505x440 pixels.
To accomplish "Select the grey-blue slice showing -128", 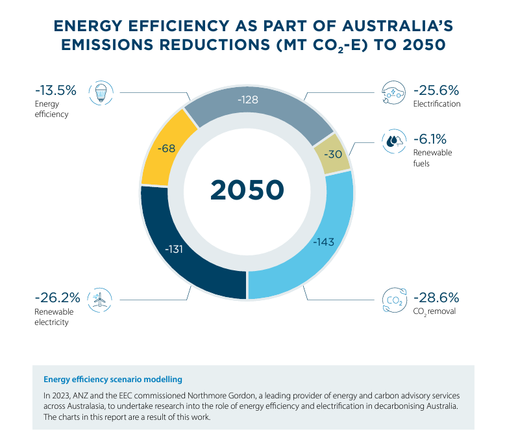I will tap(249, 101).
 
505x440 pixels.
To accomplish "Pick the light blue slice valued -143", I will tap(323, 242).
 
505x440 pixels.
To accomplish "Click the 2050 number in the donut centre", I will tap(247, 189).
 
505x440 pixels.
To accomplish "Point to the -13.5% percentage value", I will tap(55, 90).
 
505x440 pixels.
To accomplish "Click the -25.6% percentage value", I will tap(436, 90).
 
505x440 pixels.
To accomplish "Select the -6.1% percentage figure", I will tap(430, 139).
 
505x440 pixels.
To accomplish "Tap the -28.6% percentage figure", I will tap(436, 298).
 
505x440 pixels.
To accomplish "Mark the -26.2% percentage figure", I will tap(57, 298).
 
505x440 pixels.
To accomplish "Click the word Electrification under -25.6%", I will tap(437, 104).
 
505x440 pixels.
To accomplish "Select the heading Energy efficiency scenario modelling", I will tap(112, 379).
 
